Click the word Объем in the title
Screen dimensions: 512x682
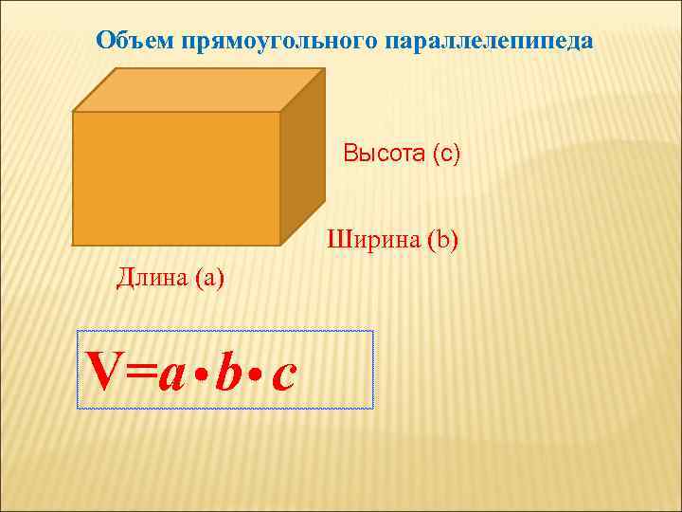coord(130,42)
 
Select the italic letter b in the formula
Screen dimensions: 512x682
coord(226,371)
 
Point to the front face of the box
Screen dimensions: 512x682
coord(176,177)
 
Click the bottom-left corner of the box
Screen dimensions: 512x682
coord(74,245)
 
